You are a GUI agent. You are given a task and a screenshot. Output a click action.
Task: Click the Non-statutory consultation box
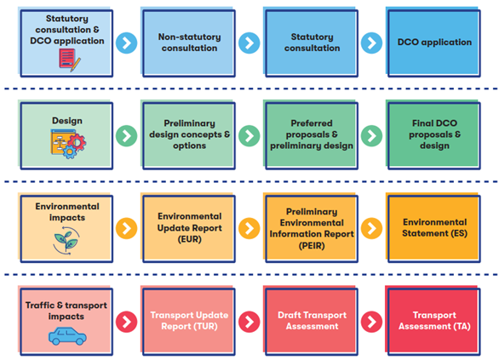pos(187,43)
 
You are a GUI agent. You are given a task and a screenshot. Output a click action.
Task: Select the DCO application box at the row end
pos(433,43)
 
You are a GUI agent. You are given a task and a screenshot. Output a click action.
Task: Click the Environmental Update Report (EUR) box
pos(187,228)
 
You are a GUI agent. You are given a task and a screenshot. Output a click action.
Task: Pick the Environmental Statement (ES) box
pos(433,228)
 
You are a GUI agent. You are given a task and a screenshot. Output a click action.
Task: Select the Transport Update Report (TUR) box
pos(187,321)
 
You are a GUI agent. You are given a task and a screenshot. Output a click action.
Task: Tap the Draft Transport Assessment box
pos(310,321)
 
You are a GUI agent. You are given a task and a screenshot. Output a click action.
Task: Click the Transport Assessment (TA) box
pos(433,321)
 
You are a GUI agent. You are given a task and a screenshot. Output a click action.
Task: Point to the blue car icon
pos(66,335)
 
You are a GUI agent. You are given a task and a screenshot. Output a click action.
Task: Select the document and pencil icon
pos(66,59)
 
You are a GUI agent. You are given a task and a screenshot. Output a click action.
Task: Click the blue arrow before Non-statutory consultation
pos(126,43)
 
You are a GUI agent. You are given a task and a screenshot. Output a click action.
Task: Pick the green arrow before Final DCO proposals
pos(371,135)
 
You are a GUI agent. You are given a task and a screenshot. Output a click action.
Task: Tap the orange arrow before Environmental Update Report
pos(126,228)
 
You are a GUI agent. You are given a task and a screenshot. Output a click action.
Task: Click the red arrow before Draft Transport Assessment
pos(249,322)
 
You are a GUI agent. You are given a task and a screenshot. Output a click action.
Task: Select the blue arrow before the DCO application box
pos(371,43)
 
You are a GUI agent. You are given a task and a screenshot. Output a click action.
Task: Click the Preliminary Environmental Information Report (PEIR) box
pos(310,228)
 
